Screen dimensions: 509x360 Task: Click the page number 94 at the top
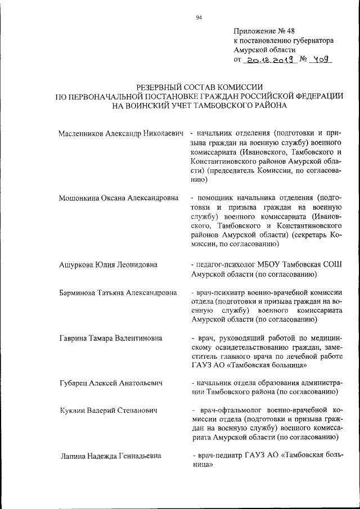coord(199,17)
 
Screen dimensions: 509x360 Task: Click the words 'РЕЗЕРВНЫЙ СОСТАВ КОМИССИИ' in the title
coord(200,87)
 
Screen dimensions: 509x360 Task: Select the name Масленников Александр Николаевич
coord(121,133)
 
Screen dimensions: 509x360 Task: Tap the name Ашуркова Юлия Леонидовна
coord(108,264)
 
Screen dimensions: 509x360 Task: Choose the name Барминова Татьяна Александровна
coord(118,293)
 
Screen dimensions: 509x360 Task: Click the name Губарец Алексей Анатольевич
coord(111,383)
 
